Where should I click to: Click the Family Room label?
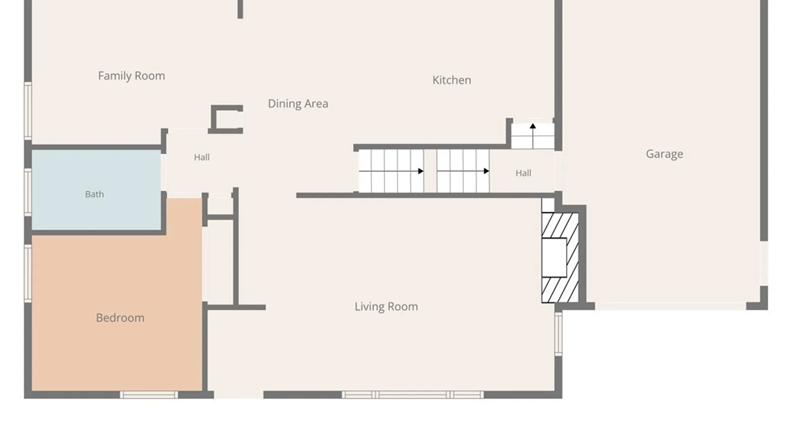[x=131, y=76]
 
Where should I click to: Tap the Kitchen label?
[x=452, y=80]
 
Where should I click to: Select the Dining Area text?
[x=298, y=104]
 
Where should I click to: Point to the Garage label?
[x=665, y=154]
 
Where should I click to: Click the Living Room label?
[x=386, y=307]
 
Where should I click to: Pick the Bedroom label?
[x=120, y=318]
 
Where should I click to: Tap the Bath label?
[x=94, y=194]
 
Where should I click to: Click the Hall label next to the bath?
[x=202, y=157]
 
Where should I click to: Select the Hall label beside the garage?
[x=523, y=173]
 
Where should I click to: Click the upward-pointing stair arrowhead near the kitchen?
[x=533, y=126]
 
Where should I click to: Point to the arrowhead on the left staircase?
[x=421, y=171]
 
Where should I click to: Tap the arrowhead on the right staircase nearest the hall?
[x=487, y=171]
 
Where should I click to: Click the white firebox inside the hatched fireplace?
[x=554, y=258]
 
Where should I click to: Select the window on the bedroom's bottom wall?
[x=149, y=395]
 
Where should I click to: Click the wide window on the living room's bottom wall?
[x=413, y=395]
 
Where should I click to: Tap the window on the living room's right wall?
[x=558, y=334]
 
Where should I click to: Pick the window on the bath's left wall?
[x=28, y=192]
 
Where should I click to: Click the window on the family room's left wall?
[x=28, y=111]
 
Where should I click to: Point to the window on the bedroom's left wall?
[x=28, y=274]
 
